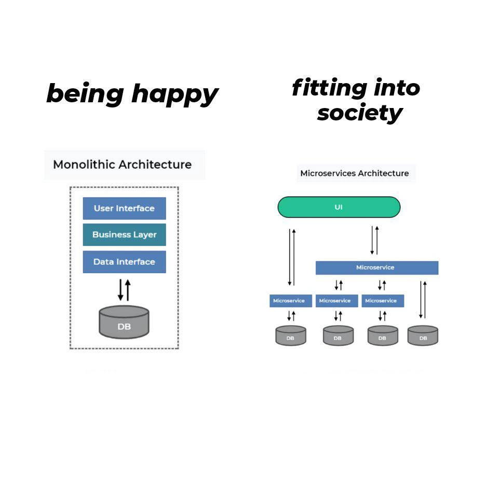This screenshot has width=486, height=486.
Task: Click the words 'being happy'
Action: point(132,95)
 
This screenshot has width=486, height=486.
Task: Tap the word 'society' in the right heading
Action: point(359,112)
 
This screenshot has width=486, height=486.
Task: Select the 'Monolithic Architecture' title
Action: point(123,165)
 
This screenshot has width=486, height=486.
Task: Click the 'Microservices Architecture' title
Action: point(355,173)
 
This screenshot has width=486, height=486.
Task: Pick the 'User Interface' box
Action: point(124,208)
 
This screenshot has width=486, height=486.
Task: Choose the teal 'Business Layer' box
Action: point(124,235)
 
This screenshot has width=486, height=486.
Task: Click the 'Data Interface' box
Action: point(124,262)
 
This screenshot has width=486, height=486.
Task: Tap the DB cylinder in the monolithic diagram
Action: point(124,322)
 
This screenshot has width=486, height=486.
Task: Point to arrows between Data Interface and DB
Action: point(124,290)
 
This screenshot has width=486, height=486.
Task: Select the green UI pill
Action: point(339,207)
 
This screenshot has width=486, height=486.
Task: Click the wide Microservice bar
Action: point(376,267)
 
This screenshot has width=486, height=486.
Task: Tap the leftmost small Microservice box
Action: point(290,301)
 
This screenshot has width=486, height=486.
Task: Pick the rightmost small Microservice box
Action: point(382,301)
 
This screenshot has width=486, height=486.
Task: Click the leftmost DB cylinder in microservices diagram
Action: point(290,335)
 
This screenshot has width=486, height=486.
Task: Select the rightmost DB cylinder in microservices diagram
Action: point(423,335)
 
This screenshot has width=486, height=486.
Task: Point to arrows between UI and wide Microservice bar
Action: point(374,239)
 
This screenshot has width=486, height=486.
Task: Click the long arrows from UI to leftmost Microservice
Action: point(292,256)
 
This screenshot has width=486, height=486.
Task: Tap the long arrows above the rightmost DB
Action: point(423,300)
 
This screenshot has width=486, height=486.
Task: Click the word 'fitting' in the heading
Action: point(322,88)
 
